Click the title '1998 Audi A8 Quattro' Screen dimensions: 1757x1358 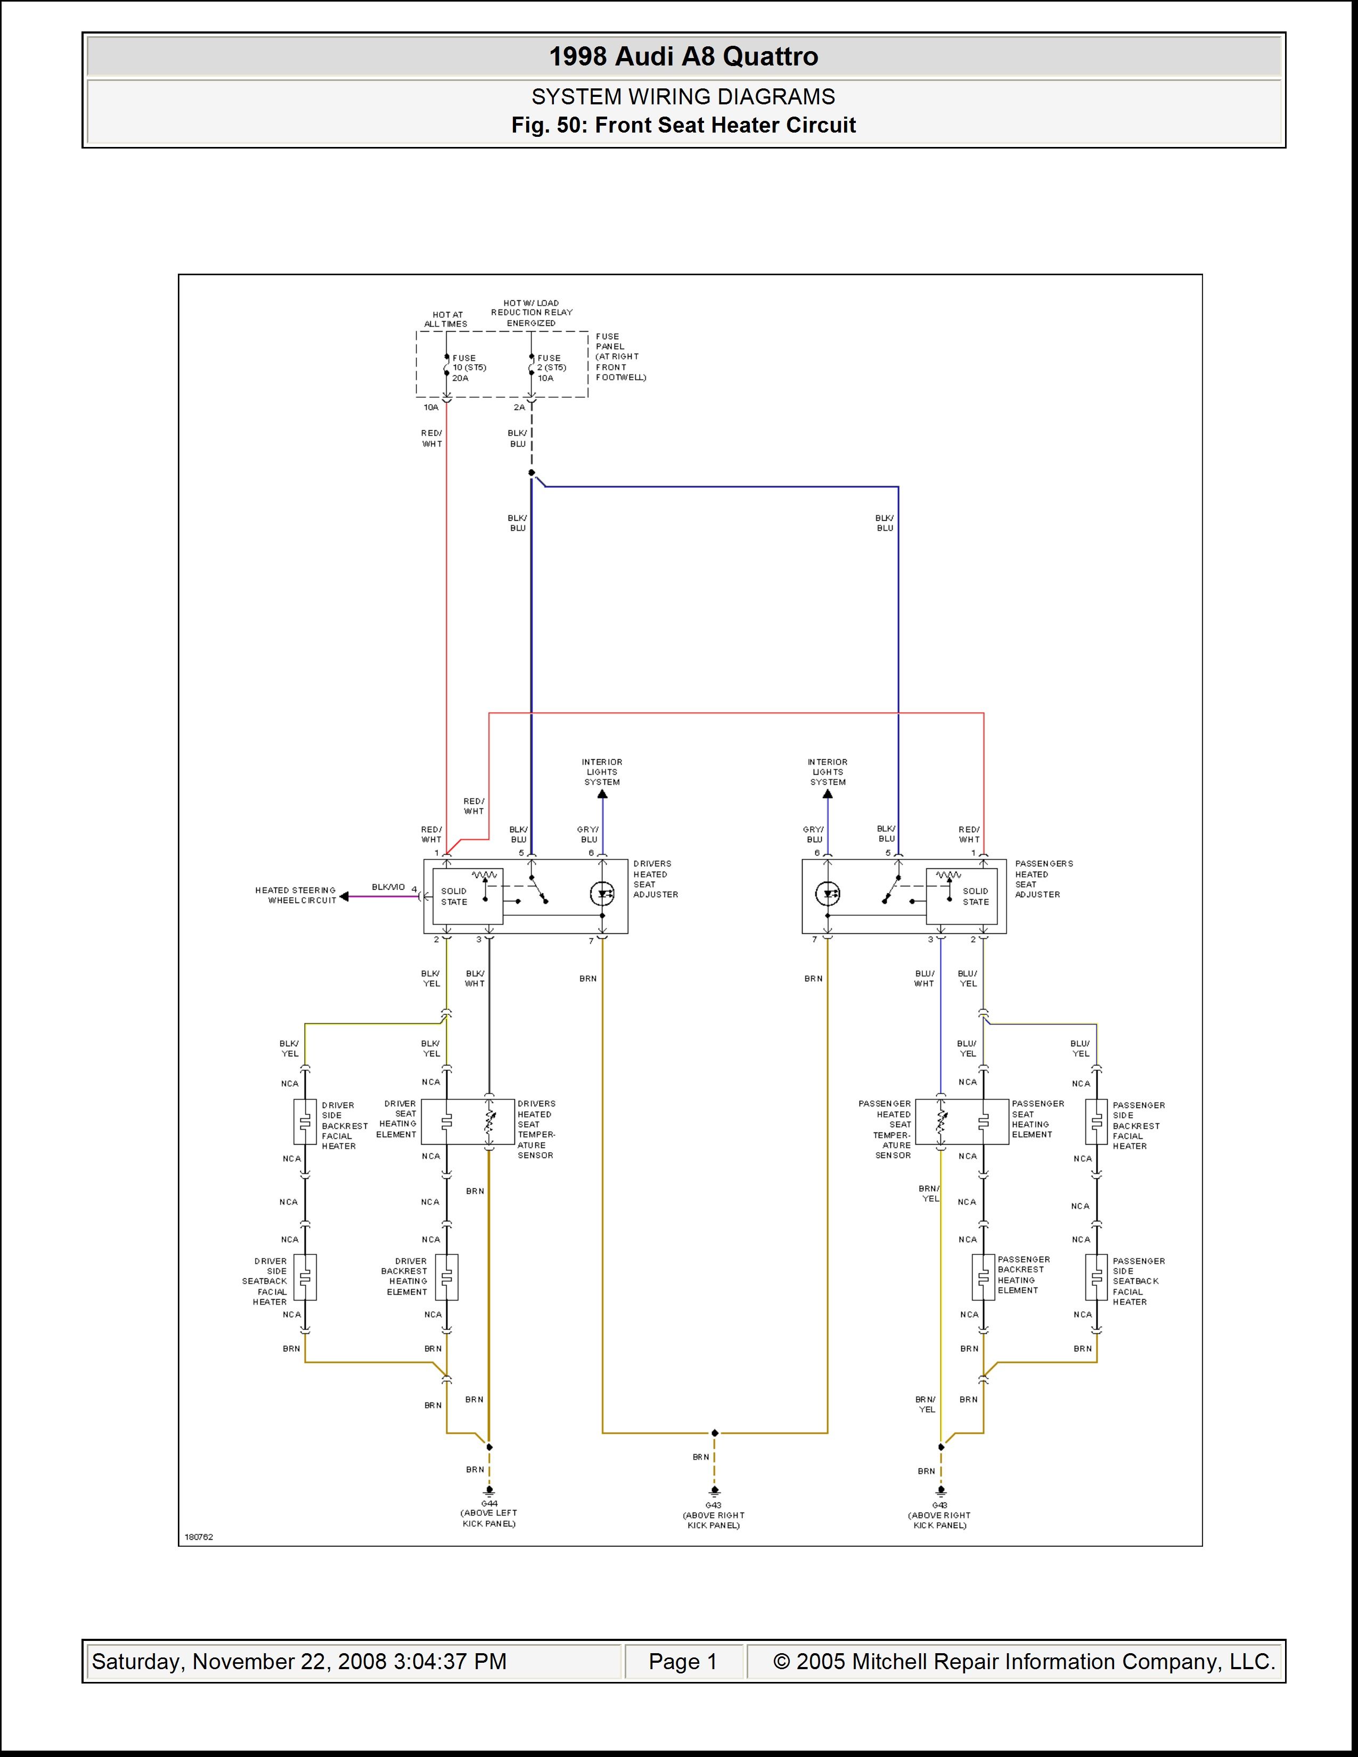(x=683, y=56)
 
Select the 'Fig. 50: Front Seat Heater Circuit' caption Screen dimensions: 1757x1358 (x=683, y=126)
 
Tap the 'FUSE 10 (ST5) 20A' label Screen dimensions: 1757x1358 (x=469, y=368)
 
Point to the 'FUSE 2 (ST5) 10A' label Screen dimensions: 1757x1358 (x=552, y=368)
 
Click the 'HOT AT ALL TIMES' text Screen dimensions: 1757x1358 (x=446, y=319)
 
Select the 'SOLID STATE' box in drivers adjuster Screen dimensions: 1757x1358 (x=468, y=896)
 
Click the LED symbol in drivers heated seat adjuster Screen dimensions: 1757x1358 (x=602, y=894)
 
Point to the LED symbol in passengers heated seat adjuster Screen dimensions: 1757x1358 (x=828, y=894)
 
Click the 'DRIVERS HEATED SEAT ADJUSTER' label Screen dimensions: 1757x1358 (x=655, y=879)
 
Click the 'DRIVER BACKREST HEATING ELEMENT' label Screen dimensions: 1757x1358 (x=406, y=1277)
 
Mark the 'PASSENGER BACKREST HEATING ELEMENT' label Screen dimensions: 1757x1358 (x=1024, y=1275)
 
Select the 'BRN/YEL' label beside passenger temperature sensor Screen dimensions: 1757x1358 (x=929, y=1193)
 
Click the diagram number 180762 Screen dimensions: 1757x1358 (x=199, y=1537)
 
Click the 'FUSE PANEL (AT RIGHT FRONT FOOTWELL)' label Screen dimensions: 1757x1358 (x=620, y=356)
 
